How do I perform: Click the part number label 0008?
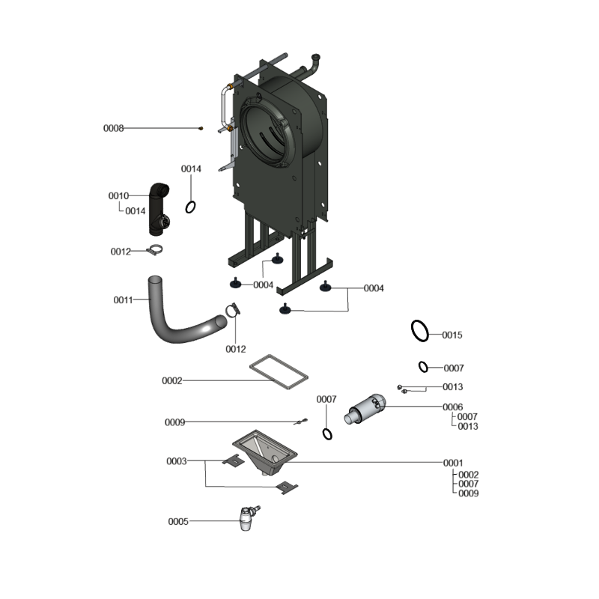coord(114,128)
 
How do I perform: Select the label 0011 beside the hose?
coord(123,300)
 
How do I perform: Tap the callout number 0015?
coord(452,335)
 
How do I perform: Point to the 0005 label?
coord(178,522)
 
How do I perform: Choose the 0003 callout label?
coord(177,461)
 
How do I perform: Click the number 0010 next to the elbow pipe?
coord(118,196)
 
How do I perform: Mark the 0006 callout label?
coord(453,407)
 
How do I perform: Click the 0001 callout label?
coord(453,463)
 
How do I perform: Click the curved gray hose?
coord(164,328)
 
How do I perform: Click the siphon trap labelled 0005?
coord(248,519)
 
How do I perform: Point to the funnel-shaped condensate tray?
coord(265,453)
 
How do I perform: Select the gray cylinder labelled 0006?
coord(365,409)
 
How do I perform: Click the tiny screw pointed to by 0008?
coord(201,128)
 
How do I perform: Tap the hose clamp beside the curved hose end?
coord(232,310)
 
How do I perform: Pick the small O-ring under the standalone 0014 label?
coord(186,207)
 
